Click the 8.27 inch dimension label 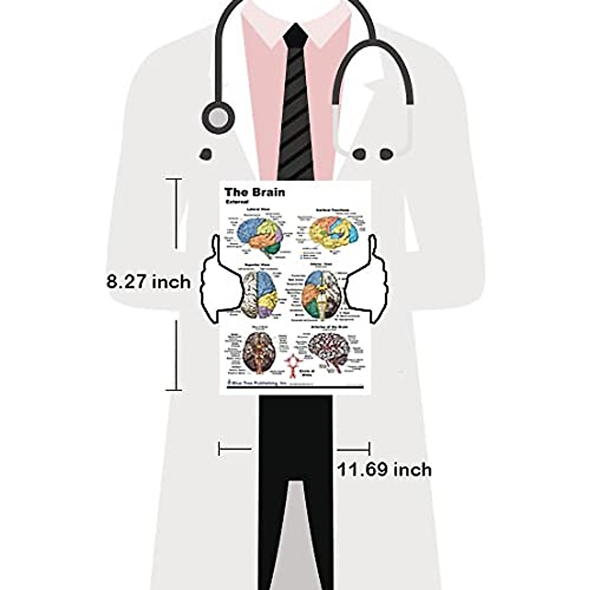[148, 282]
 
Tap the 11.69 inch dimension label [384, 470]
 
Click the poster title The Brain [254, 192]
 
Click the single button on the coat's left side [206, 154]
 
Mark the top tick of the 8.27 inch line [174, 179]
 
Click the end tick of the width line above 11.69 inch [369, 448]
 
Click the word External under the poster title [237, 202]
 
